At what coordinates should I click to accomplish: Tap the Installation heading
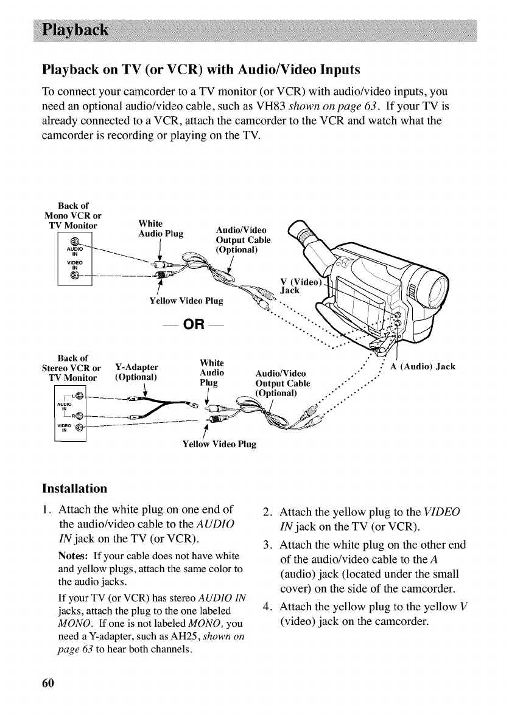pos(75,488)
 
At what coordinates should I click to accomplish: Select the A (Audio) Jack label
pos(423,366)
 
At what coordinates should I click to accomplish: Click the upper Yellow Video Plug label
pos(186,300)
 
